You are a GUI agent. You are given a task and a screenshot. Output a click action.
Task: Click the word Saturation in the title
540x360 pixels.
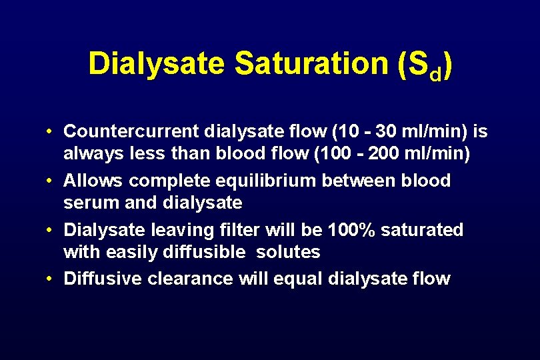[x=311, y=64]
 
